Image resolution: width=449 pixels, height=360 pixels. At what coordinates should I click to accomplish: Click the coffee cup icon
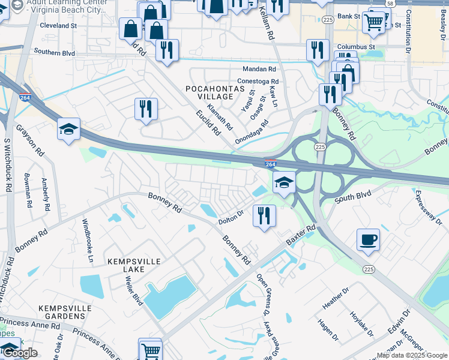click(367, 239)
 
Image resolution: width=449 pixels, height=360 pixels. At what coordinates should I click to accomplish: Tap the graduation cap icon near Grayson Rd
click(68, 129)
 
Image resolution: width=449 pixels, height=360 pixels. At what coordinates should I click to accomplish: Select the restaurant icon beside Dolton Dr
click(264, 215)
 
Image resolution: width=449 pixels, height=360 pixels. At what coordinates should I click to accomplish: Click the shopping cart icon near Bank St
click(374, 22)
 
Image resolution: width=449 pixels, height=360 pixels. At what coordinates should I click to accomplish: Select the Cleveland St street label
click(59, 26)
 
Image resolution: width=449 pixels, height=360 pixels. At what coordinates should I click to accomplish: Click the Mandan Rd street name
click(259, 69)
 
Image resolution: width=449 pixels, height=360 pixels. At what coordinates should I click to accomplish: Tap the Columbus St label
click(356, 46)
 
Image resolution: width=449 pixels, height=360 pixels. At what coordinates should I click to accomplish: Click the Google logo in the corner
click(19, 353)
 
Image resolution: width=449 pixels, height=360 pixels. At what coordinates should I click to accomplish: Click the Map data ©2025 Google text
click(412, 355)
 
